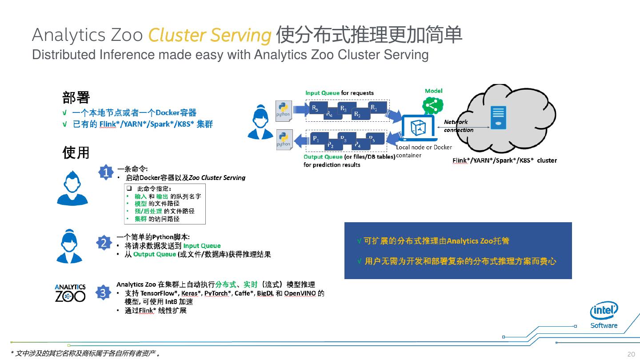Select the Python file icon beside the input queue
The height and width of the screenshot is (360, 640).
coord(283,109)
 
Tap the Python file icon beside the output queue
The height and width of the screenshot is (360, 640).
coord(283,140)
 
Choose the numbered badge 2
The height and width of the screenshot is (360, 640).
coord(103,243)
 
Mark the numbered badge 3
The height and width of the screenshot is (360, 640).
coord(103,293)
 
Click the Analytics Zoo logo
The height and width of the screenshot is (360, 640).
coord(70,293)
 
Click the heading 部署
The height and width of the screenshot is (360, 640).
coord(76,97)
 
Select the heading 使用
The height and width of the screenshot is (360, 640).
coord(76,152)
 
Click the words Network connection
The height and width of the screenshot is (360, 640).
coord(458,126)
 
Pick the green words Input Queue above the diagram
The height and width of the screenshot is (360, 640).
coord(322,93)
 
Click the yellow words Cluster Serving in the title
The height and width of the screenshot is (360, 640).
coord(209,36)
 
